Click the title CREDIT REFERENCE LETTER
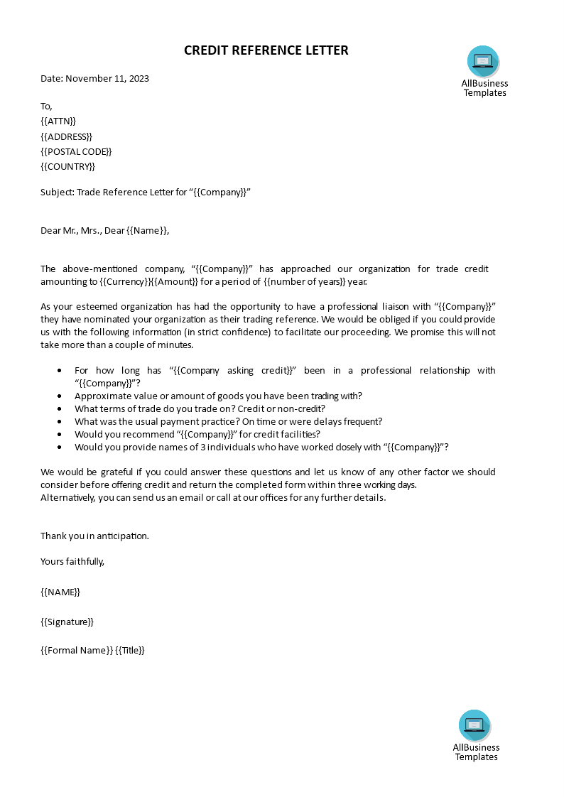[266, 50]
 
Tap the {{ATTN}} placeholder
[58, 121]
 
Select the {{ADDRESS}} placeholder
[66, 136]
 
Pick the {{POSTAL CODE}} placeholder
[76, 151]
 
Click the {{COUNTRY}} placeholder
[67, 166]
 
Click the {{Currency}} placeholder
[125, 281]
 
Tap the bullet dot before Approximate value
[58, 396]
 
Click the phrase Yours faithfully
[72, 561]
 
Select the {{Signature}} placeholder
[67, 622]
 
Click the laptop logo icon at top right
[483, 61]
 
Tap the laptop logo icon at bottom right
[474, 725]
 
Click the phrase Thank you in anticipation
[94, 536]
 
